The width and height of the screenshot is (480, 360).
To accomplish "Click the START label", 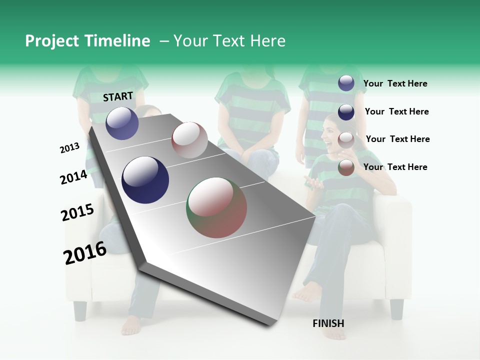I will click(118, 96).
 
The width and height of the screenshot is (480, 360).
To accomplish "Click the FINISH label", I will click(328, 323).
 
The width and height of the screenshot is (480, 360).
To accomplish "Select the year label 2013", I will click(69, 148).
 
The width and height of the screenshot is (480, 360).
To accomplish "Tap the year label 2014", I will click(73, 177).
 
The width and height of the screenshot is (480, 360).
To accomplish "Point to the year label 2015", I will click(77, 212).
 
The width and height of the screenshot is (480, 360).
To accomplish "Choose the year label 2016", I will click(85, 252).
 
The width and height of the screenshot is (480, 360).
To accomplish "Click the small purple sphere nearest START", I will click(122, 123).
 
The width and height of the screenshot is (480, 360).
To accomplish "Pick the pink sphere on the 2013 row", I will click(189, 139).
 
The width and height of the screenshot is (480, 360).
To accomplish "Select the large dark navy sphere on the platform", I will click(145, 180).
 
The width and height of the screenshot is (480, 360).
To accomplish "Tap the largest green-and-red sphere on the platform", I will click(217, 207).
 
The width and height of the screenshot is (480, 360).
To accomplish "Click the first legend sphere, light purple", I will click(346, 83).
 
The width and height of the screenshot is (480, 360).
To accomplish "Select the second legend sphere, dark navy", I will click(346, 112).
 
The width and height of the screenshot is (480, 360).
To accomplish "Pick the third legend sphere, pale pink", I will click(346, 140).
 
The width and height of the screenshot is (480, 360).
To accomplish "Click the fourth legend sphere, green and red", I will click(346, 168).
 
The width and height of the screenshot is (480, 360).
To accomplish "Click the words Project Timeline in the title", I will click(87, 41).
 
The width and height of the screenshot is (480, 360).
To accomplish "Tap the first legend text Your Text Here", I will click(395, 83).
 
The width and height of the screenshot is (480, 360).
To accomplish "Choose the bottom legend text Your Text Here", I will click(395, 167).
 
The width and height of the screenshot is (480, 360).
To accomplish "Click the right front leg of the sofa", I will click(396, 309).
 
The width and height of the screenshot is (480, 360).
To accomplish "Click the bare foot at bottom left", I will click(131, 325).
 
